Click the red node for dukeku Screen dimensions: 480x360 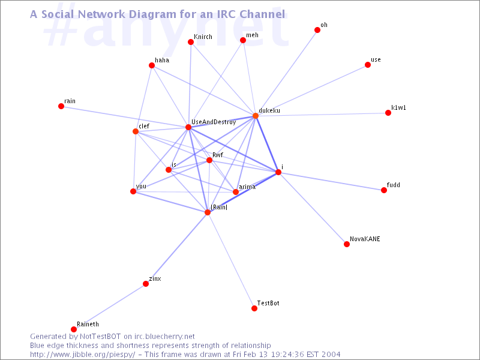tap(256, 116)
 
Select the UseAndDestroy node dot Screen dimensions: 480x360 tap(188, 127)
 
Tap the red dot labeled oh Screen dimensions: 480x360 tap(317, 30)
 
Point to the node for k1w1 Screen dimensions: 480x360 tap(388, 113)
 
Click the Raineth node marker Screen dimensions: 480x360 tap(74, 329)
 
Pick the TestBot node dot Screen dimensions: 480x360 tap(254, 308)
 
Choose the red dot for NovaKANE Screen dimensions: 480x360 tap(347, 244)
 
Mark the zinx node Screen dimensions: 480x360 tap(146, 284)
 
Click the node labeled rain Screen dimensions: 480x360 tap(61, 106)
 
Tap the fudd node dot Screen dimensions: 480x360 tap(384, 190)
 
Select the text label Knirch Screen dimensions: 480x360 tap(203, 37)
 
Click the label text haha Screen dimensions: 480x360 tap(162, 61)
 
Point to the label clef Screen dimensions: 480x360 tap(144, 126)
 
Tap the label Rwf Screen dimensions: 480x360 tap(218, 155)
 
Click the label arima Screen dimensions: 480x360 tap(247, 187)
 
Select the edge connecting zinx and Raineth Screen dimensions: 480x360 tap(110, 307)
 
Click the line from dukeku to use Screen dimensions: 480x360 tap(311, 91)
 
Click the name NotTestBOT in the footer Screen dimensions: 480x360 tap(100, 337)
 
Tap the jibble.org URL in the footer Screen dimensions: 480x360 tap(82, 355)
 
